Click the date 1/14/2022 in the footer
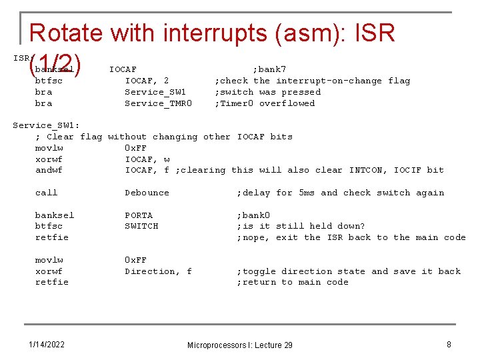click(47, 344)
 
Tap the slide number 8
click(449, 344)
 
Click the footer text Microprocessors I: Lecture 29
click(239, 345)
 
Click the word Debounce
click(147, 193)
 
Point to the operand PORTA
click(139, 215)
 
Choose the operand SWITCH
click(141, 226)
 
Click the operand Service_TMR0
click(158, 103)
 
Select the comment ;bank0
click(253, 215)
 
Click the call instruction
click(46, 193)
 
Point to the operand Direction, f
click(158, 271)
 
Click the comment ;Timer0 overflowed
click(264, 103)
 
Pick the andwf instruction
click(49, 170)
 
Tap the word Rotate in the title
click(66, 33)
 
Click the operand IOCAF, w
click(147, 159)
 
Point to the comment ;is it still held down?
click(301, 226)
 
